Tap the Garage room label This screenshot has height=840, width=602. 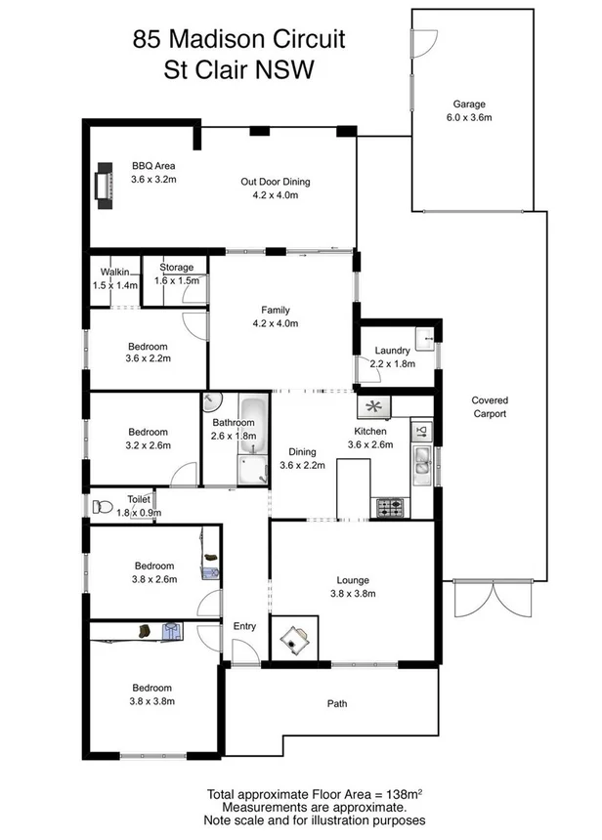(468, 105)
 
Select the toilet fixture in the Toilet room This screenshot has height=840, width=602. (100, 507)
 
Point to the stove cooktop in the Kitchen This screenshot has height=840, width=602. (391, 508)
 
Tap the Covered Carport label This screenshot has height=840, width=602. (490, 406)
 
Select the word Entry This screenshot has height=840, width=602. (242, 627)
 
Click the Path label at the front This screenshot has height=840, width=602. (337, 703)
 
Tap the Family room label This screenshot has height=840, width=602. (275, 310)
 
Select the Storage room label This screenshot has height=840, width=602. (177, 267)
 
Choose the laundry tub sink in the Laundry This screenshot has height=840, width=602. (426, 339)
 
